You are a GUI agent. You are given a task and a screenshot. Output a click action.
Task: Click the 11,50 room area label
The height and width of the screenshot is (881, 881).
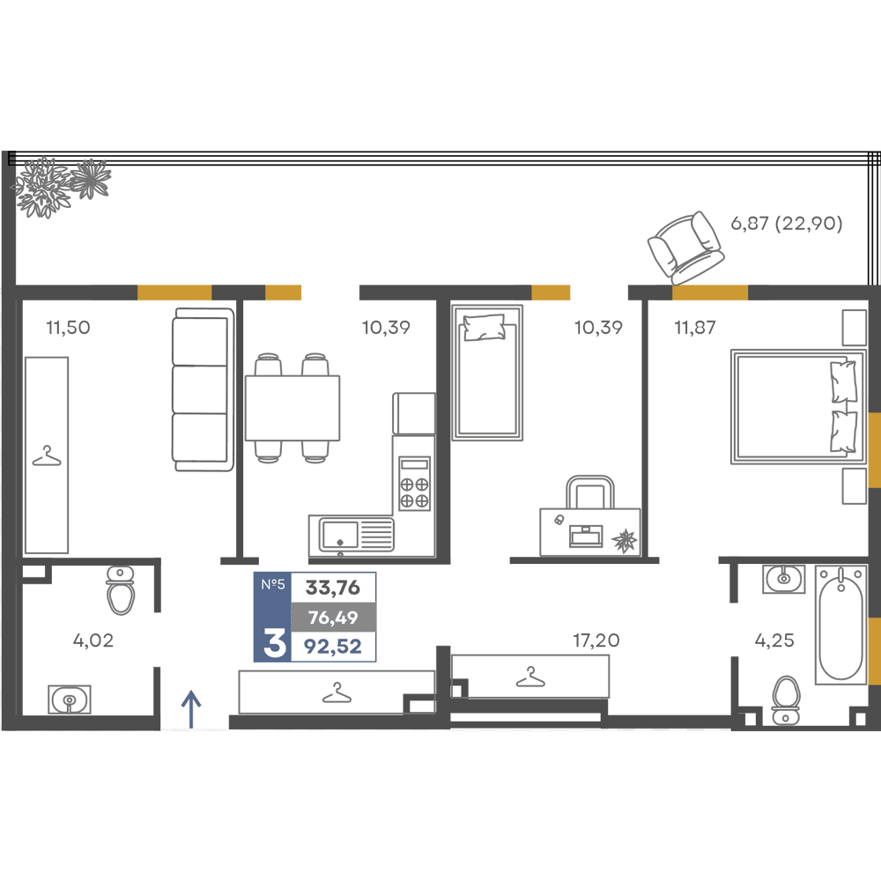[68, 327]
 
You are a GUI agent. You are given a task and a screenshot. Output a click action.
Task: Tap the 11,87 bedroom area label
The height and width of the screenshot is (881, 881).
[695, 327]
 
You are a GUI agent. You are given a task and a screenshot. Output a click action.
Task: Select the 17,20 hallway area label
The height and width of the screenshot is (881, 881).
[596, 640]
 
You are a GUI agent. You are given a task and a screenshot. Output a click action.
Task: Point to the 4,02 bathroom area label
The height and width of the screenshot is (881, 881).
[93, 640]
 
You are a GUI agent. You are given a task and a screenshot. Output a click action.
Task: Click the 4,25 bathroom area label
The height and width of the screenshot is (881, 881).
[774, 640]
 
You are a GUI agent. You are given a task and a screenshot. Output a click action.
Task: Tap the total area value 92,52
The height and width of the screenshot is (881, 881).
[333, 646]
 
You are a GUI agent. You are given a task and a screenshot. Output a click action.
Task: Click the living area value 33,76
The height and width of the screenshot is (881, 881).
[333, 588]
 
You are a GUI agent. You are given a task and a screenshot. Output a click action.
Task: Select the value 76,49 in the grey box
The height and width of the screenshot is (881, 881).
[333, 618]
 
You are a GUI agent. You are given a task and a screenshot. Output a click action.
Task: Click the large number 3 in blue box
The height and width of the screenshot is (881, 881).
[274, 644]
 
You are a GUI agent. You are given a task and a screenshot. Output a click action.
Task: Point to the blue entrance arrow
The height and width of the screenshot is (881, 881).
[191, 709]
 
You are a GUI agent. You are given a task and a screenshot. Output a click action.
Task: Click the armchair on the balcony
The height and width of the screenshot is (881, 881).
[685, 248]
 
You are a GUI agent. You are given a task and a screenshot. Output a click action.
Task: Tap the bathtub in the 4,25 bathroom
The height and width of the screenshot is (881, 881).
[840, 626]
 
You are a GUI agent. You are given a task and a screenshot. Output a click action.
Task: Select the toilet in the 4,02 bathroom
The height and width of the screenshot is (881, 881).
[120, 589]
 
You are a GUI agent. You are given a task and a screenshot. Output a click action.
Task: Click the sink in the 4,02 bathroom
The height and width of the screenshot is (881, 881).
[69, 699]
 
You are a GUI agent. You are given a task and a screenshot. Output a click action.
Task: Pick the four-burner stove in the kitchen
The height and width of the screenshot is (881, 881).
[415, 483]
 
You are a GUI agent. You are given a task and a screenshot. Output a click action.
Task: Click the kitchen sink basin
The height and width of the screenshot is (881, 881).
[339, 534]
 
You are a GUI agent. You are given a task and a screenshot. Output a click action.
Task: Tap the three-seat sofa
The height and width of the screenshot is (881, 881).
[203, 389]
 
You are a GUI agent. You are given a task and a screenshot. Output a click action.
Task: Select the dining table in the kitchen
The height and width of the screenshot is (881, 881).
[292, 408]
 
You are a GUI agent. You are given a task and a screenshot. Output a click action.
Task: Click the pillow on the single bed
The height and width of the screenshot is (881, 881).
[483, 327]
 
